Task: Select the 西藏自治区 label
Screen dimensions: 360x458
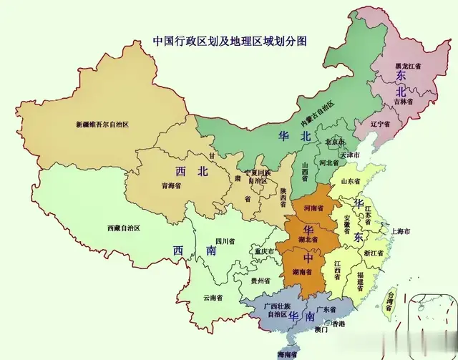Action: pos(123,228)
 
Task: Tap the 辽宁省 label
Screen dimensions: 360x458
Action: pos(379,123)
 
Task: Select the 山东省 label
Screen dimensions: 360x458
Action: pos(355,183)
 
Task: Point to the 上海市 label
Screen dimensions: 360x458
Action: pos(398,233)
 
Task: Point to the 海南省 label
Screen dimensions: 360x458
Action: pos(289,354)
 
